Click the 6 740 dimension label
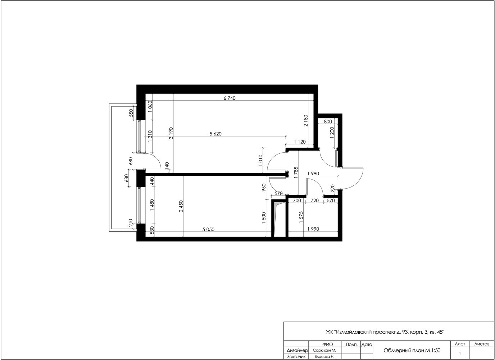coord(230,98)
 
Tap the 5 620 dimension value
coord(215,134)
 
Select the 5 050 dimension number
coord(208,229)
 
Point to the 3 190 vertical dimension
coord(171,133)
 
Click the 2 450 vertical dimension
coord(181,206)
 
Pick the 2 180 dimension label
coord(306,121)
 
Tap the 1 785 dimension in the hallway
coord(296,172)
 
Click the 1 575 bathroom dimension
coord(301,217)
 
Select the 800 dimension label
coord(328,122)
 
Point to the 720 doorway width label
coord(315,201)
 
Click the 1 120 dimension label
coord(300,142)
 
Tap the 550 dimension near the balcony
coord(131,113)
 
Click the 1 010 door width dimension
coord(260,160)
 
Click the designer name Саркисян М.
coord(324,351)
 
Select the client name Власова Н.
coord(324,357)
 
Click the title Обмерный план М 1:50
coord(412,351)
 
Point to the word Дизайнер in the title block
coord(297,351)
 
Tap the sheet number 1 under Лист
coord(460,354)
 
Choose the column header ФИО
coord(327,345)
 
